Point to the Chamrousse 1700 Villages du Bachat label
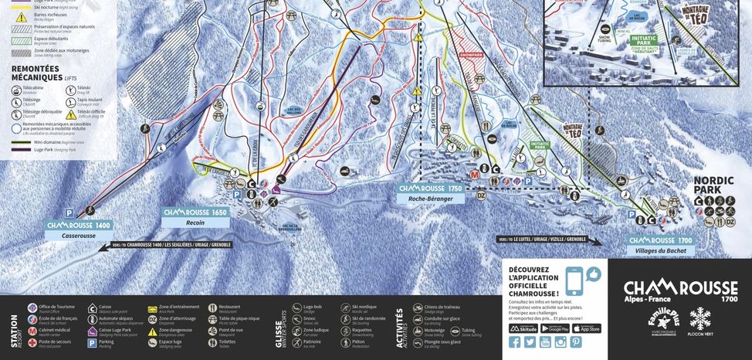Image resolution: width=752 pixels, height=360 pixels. pyautogui.click(x=662, y=245)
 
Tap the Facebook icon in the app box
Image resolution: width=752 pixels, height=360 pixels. pyautogui.click(x=515, y=341)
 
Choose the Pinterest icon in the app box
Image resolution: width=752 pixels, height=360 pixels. pyautogui.click(x=575, y=341)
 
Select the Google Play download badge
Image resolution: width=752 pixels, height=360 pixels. pyautogui.click(x=555, y=328)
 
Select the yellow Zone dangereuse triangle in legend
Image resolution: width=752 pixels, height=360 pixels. pyautogui.click(x=152, y=331)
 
